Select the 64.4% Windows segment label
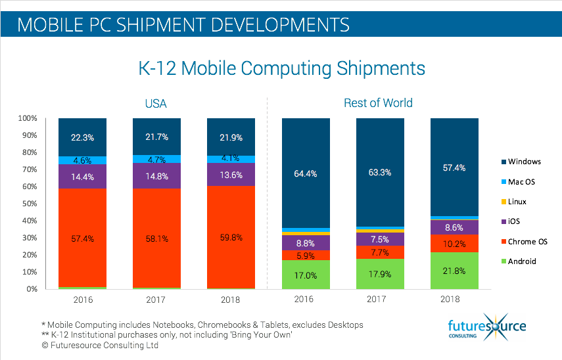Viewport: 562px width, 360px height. point(306,173)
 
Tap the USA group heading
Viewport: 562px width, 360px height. point(156,103)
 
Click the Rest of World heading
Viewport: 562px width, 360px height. point(378,103)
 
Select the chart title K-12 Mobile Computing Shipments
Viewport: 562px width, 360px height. point(281,68)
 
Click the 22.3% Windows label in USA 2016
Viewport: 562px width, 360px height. point(83,137)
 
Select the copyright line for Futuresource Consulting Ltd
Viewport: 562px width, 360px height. point(106,345)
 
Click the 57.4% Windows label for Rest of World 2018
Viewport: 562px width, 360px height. point(455,168)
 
